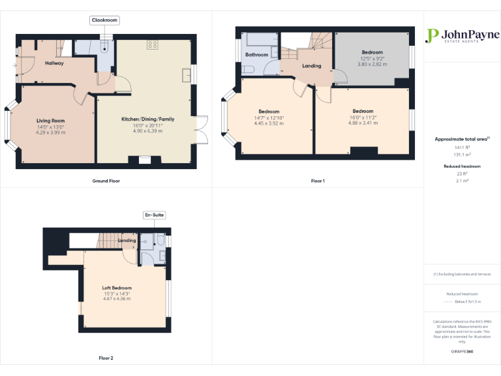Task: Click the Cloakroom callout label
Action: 104,21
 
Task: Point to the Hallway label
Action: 54,63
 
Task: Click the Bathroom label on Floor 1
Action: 256,55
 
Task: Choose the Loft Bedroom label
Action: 117,288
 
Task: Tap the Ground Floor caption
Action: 106,180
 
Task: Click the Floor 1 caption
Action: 318,180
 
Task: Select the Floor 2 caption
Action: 106,358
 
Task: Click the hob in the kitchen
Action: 153,44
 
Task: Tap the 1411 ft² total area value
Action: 462,148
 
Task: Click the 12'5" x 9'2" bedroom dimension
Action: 372,59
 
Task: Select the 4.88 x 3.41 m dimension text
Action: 363,123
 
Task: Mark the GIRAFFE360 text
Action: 462,352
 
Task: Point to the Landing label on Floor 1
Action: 311,66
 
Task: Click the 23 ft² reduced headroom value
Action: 462,174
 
